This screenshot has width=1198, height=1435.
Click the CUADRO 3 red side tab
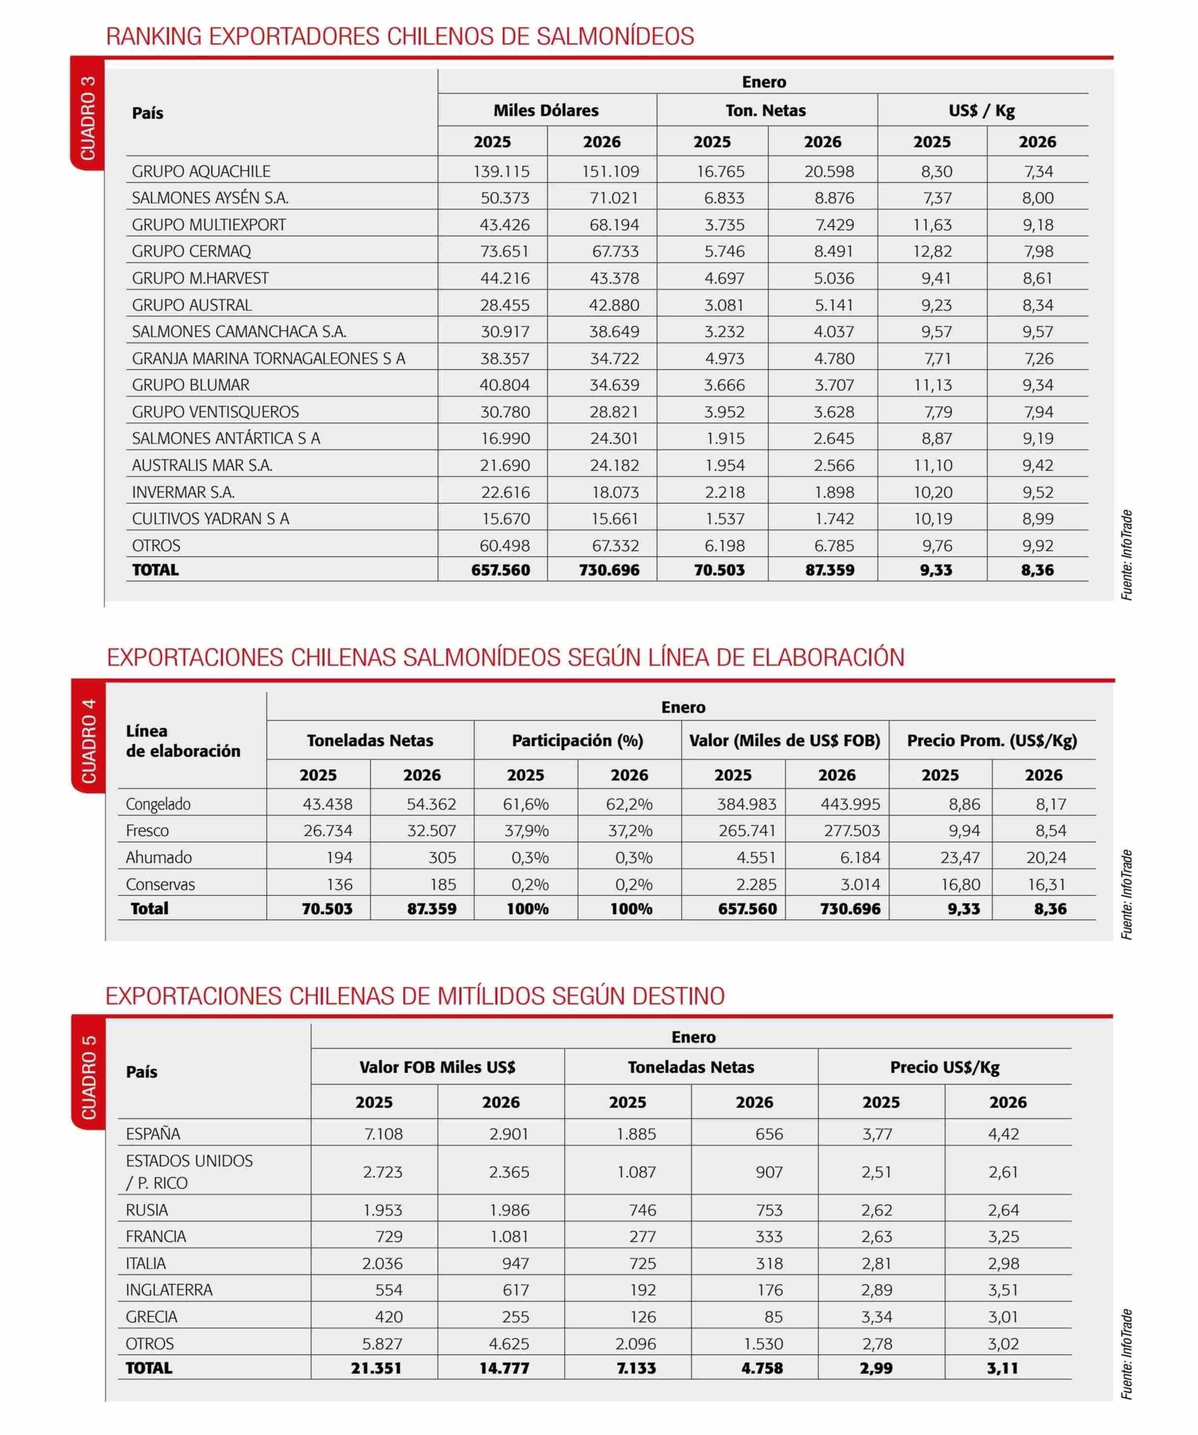click(x=87, y=116)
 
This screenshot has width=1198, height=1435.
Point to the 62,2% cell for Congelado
click(x=629, y=804)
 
